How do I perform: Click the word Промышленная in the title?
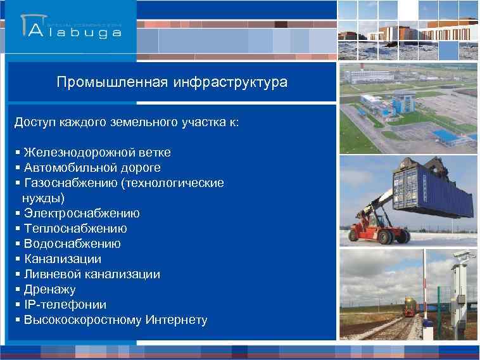point(112,82)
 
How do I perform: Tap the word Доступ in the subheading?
point(35,122)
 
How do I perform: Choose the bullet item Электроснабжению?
point(82,214)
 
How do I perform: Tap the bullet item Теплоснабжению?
point(75,229)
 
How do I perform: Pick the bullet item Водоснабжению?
point(72,244)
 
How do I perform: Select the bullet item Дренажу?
point(49,290)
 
